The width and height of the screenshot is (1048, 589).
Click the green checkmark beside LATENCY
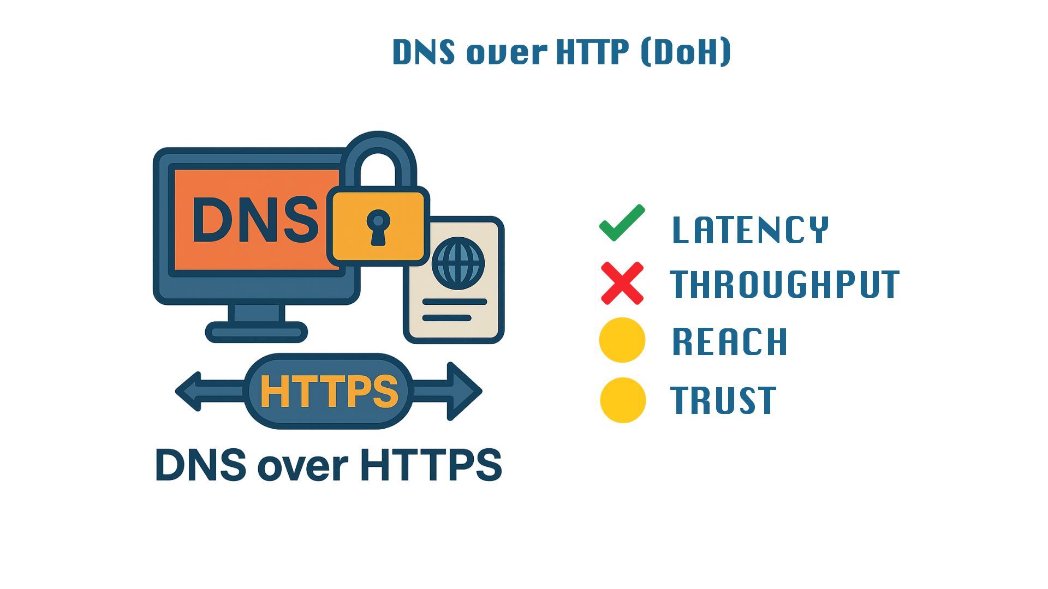coord(622,223)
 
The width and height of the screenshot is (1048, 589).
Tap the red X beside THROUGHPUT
coord(622,284)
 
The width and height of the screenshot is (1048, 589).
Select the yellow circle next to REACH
coord(622,340)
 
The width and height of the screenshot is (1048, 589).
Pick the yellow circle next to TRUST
coord(622,400)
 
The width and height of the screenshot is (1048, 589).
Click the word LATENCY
coord(750,230)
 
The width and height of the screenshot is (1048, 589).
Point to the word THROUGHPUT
coord(785,284)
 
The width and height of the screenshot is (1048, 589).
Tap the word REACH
coord(729,342)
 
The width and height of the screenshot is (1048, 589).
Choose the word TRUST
coord(723,400)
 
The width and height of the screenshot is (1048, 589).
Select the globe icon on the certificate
coord(457,263)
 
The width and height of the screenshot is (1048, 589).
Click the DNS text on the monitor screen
coord(254,220)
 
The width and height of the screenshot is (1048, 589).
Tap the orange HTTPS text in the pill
coord(329,392)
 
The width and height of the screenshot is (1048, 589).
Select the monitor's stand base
coord(256,332)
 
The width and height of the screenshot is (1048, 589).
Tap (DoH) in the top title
coord(686,52)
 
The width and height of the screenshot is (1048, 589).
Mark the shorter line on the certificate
coord(446,318)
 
